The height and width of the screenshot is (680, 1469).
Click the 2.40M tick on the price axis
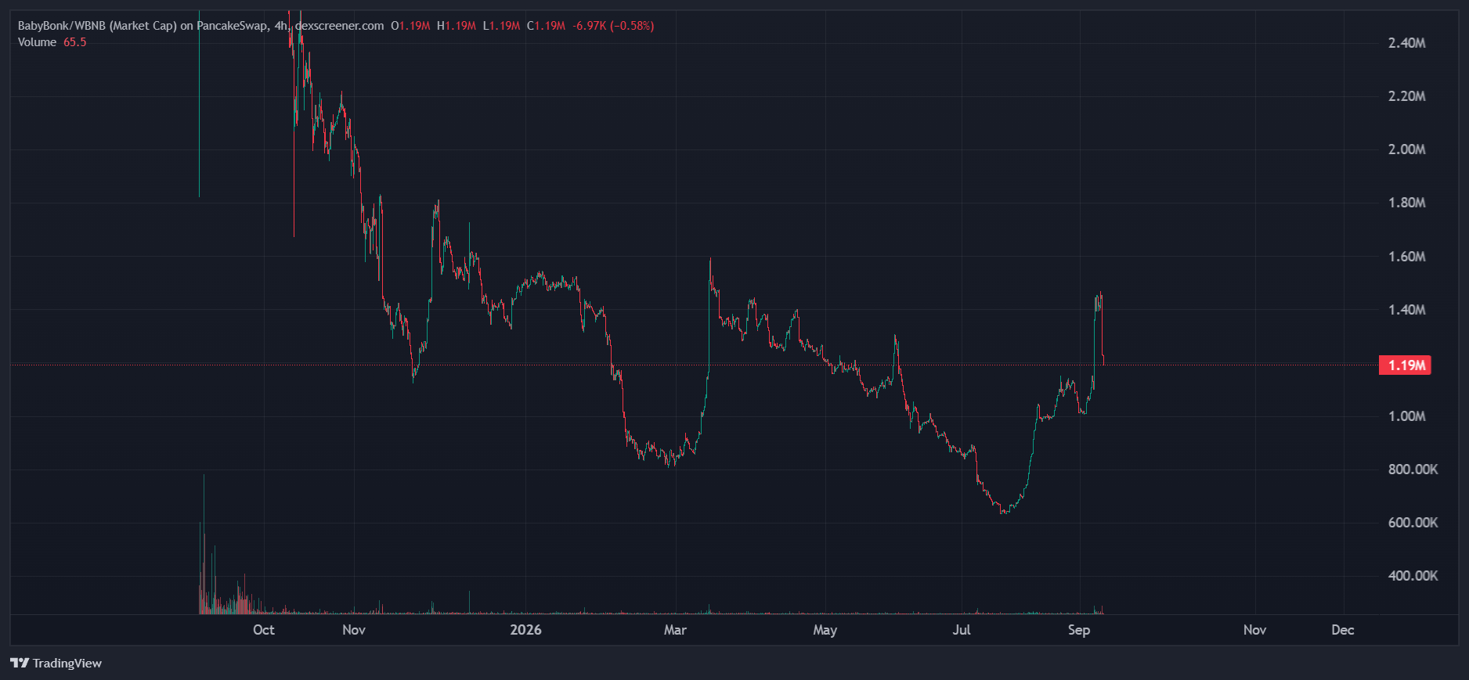pos(1406,43)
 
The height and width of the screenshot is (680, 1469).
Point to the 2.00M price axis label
pos(1406,149)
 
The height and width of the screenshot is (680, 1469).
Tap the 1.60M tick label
pos(1406,257)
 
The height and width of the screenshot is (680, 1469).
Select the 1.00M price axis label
pos(1406,416)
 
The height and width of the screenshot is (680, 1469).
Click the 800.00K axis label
pos(1413,470)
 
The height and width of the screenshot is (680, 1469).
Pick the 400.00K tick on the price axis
pos(1413,576)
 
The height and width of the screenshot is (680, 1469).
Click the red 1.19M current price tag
pos(1406,365)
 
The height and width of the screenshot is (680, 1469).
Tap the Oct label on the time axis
pos(264,630)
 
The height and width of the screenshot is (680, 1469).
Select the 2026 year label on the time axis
pos(525,630)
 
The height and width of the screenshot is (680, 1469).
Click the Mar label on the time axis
pos(675,630)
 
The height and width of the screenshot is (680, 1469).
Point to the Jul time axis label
pos(962,630)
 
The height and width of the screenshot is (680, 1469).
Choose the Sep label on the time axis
pos(1079,630)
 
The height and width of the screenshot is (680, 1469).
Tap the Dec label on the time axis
pos(1343,630)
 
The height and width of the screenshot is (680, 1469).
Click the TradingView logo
pos(56,664)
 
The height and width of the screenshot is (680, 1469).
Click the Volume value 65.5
pos(75,42)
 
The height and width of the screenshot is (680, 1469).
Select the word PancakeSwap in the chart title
pos(232,26)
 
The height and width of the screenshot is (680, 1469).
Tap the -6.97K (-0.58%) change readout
pos(613,26)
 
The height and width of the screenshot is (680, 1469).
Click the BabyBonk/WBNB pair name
pos(62,26)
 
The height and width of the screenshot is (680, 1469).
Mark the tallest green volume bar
pos(204,544)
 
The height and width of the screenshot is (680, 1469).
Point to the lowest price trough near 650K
pos(1004,512)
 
